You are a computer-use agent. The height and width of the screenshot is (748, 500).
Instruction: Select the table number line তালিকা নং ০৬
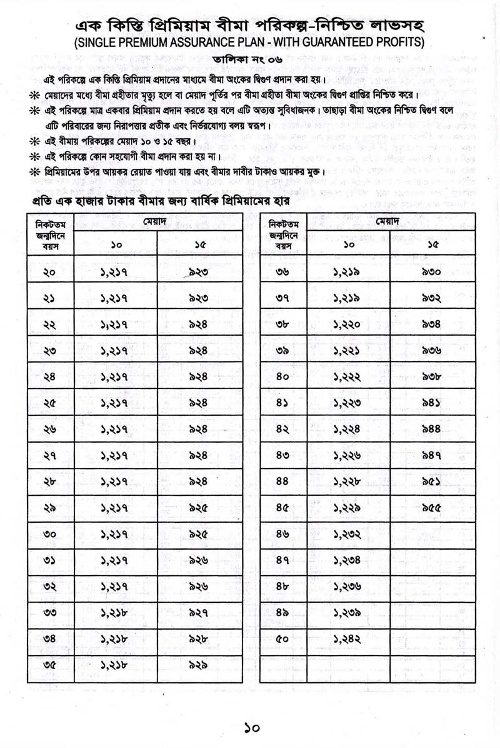click(249, 59)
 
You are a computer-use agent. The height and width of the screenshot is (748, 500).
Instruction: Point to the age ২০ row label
click(50, 273)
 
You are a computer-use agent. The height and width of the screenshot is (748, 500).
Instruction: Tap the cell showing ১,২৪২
click(347, 639)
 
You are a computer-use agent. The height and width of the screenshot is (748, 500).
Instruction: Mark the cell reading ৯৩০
click(431, 273)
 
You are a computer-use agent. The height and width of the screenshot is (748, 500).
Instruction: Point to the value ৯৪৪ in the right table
click(431, 430)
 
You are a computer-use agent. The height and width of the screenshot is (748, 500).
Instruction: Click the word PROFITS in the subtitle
click(401, 43)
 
